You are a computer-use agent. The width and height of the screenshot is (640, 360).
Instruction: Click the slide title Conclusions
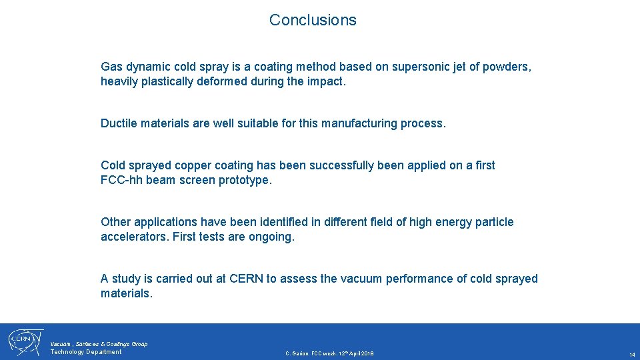[313, 20]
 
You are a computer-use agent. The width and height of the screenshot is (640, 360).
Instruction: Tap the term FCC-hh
[121, 180]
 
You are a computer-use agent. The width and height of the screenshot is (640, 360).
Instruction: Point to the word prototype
[244, 180]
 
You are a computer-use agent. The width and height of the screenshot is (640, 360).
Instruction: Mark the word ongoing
[271, 237]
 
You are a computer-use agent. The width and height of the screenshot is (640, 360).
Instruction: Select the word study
[127, 279]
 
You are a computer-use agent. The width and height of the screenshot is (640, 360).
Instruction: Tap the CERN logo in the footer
[24, 341]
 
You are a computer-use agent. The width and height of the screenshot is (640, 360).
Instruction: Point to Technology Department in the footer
[86, 352]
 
